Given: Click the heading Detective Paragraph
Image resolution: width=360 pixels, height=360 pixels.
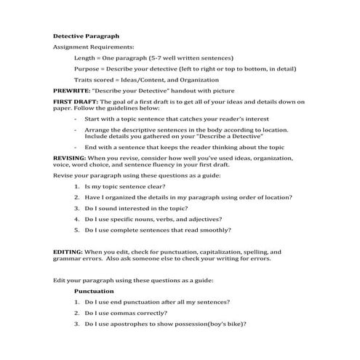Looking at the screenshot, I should pyautogui.click(x=86, y=36).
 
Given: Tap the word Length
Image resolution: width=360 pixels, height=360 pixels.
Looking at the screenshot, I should pyautogui.click(x=86, y=57).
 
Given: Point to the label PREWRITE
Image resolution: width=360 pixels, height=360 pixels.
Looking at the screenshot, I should pyautogui.click(x=71, y=90).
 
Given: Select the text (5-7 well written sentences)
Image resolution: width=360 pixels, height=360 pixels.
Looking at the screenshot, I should pyautogui.click(x=191, y=57).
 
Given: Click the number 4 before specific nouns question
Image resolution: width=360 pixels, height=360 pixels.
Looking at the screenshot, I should pyautogui.click(x=76, y=219).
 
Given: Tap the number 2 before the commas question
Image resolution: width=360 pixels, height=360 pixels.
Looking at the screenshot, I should pyautogui.click(x=76, y=313).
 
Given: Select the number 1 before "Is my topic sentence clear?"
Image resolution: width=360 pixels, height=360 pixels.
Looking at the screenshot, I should pyautogui.click(x=76, y=186).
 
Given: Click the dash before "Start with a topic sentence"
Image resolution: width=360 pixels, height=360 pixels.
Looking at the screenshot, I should pyautogui.click(x=76, y=118).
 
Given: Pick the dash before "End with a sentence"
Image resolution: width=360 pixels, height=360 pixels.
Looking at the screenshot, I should pyautogui.click(x=76, y=146).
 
